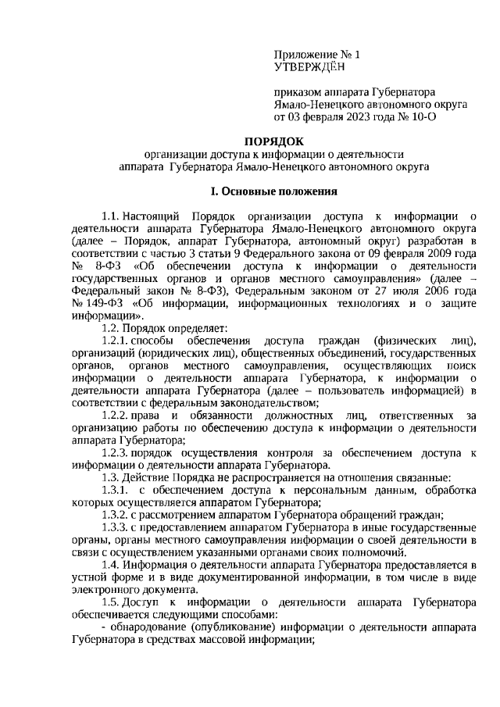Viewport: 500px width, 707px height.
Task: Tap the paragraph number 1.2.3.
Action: pyautogui.click(x=116, y=453)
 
